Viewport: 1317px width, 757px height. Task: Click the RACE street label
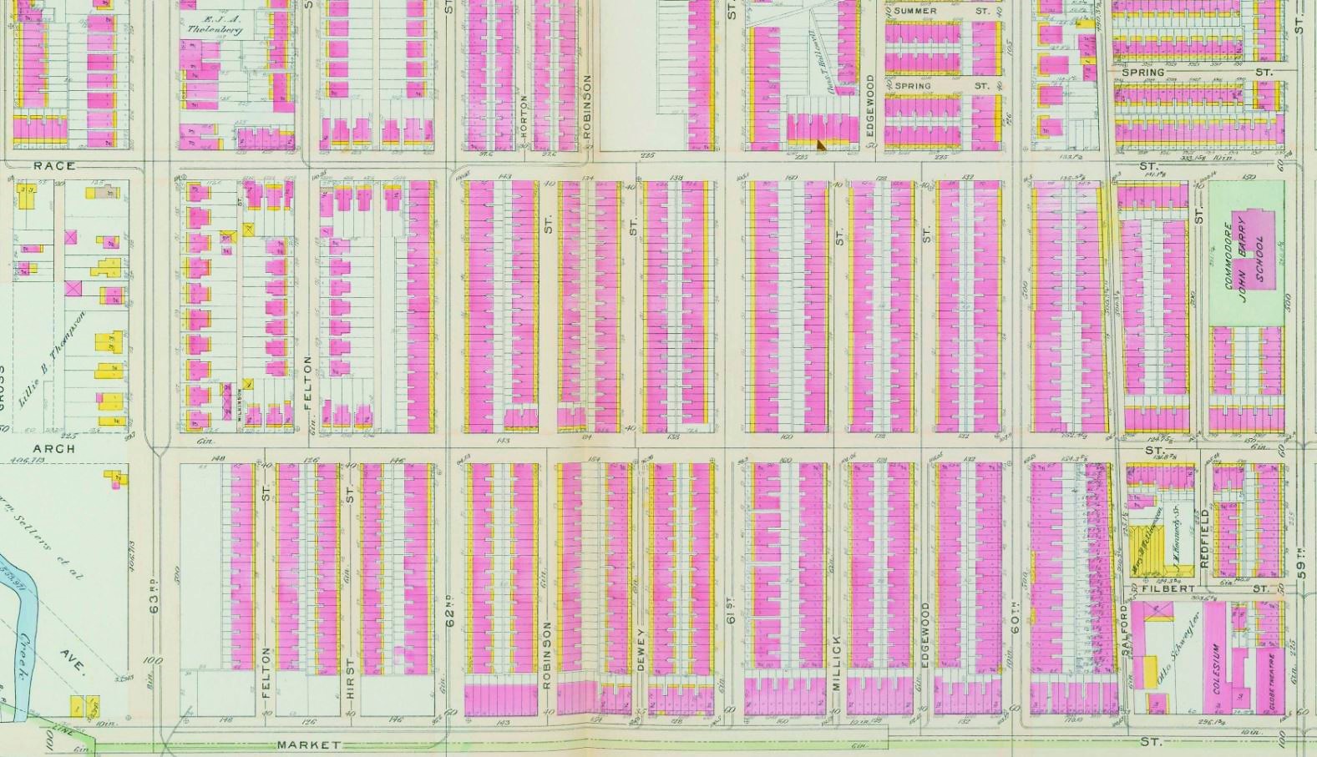54,166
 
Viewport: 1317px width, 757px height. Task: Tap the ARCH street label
54,448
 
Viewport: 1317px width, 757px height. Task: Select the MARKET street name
308,744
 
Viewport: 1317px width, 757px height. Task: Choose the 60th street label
1016,616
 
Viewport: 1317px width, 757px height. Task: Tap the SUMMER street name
915,11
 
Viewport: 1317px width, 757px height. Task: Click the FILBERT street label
1169,588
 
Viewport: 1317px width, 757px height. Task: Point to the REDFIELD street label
1203,539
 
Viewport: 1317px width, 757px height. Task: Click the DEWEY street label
641,648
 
